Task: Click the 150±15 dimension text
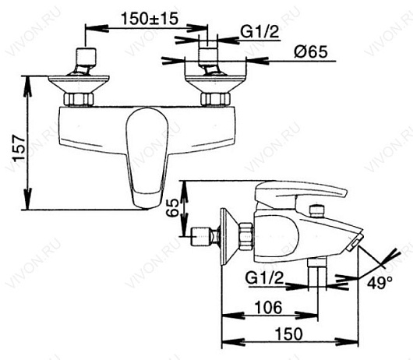(x=150, y=19)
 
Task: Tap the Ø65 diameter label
(x=311, y=51)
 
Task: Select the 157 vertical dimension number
(x=19, y=148)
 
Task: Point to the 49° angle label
(x=379, y=283)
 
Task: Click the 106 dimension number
(x=269, y=307)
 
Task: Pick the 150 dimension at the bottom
(x=289, y=334)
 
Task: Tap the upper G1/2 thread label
(x=259, y=32)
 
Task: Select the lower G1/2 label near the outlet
(x=264, y=277)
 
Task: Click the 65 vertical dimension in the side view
(x=173, y=208)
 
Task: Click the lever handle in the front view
(x=146, y=157)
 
